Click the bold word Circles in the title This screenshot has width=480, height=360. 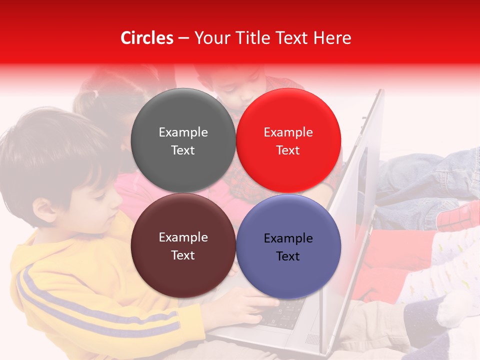[146, 38]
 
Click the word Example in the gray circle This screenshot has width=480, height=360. [183, 132]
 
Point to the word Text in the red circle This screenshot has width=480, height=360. [288, 150]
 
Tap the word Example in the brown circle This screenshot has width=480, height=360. [183, 237]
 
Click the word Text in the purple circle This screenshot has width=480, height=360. [288, 256]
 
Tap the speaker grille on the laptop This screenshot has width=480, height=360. [311, 339]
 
